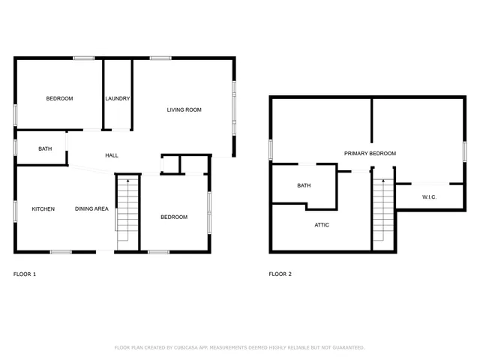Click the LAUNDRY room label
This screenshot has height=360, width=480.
[118, 98]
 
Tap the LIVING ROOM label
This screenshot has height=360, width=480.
[184, 110]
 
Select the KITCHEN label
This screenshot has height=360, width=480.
[43, 208]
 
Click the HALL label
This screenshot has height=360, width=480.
[112, 155]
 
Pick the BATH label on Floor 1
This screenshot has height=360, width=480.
[45, 148]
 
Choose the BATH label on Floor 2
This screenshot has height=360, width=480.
[304, 185]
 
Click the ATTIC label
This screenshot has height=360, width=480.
[321, 224]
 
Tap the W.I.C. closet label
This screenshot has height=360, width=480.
[429, 197]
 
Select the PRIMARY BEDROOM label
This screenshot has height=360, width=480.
[370, 153]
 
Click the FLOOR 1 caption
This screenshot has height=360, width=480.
[25, 274]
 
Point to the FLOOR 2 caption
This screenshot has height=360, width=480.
[280, 274]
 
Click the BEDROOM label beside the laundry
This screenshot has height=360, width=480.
[59, 98]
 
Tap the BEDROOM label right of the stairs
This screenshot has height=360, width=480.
[174, 217]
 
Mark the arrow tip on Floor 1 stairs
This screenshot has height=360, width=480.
[127, 179]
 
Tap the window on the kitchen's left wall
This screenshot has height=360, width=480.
[16, 211]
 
